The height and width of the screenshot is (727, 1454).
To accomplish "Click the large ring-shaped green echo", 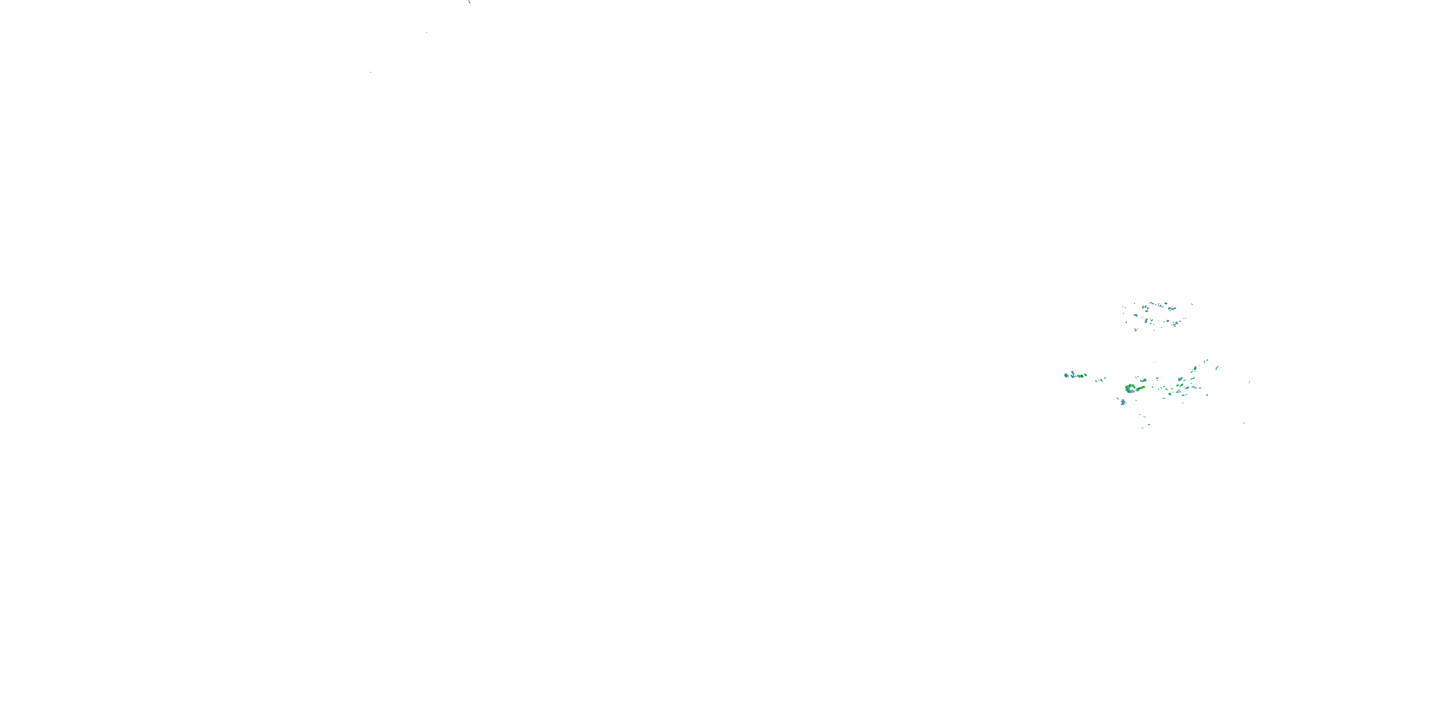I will [1131, 388].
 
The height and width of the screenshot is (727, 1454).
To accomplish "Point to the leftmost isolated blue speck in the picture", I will [370, 72].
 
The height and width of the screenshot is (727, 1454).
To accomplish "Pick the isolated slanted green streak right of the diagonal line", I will [1217, 368].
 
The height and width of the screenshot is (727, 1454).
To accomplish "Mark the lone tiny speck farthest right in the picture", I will [1249, 382].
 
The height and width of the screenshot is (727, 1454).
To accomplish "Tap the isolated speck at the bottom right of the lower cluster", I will [1244, 423].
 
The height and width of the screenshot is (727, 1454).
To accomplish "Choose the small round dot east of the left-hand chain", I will [1105, 379].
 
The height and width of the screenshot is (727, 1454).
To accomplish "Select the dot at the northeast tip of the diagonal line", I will [1207, 360].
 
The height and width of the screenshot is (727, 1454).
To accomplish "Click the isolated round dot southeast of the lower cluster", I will [1207, 395].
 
